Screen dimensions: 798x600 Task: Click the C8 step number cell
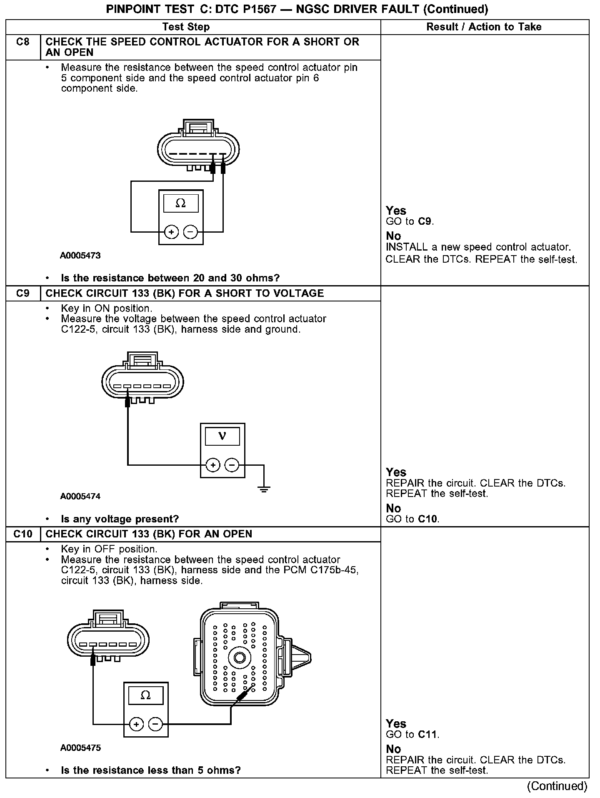point(23,42)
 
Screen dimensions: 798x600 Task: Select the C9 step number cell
point(23,294)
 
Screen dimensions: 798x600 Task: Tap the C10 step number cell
point(23,534)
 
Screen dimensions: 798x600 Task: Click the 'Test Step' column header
point(186,27)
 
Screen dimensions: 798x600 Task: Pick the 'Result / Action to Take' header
point(484,27)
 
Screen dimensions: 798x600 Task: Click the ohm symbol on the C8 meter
point(180,203)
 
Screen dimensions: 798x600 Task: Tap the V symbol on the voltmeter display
point(222,436)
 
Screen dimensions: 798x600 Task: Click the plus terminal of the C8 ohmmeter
point(171,231)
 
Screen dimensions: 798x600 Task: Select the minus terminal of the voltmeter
point(232,464)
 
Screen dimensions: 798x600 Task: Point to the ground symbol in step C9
point(264,488)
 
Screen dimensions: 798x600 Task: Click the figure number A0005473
point(80,256)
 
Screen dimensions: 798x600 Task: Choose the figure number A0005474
point(80,496)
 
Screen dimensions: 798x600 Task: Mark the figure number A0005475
point(80,748)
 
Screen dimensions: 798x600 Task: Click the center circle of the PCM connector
point(240,658)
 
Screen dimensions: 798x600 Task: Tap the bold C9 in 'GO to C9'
point(425,221)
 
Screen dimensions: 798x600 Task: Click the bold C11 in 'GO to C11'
point(427,734)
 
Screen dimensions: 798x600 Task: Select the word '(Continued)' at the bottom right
point(557,786)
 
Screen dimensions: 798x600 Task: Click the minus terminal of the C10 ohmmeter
point(155,724)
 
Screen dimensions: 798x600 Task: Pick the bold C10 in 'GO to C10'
point(428,519)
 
